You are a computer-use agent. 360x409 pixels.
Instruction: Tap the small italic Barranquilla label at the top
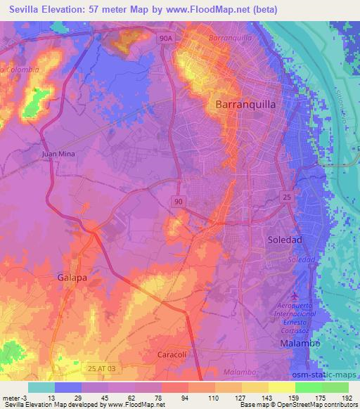click(x=230, y=32)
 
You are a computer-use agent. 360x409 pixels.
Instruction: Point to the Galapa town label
click(x=72, y=278)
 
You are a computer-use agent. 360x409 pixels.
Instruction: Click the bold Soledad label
click(x=285, y=240)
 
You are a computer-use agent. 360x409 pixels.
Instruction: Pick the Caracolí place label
click(x=171, y=354)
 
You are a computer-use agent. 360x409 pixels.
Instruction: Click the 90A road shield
click(x=165, y=40)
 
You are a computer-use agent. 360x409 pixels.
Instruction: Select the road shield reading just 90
click(x=181, y=201)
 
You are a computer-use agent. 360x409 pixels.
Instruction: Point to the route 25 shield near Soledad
click(x=287, y=197)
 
